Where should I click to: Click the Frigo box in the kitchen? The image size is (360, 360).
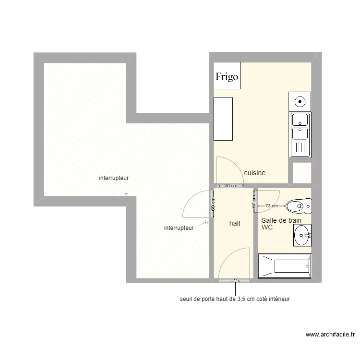tap(228, 75)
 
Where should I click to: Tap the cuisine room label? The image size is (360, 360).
tap(254, 173)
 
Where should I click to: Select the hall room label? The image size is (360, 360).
tap(235, 223)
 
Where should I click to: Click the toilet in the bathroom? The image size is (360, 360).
tap(299, 206)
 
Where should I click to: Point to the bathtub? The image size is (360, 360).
tap(285, 266)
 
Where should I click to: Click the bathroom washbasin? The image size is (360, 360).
tap(302, 235)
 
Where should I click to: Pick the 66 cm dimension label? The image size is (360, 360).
tap(231, 185)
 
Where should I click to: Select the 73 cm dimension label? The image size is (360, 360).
tap(272, 206)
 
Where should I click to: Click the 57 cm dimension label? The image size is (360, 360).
tap(254, 202)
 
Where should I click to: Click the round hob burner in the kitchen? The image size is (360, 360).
tap(300, 102)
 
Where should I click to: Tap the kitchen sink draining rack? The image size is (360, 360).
tap(300, 148)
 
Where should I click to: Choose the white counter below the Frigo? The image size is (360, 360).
tap(223, 119)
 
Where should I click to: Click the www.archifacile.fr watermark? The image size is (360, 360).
tap(330, 335)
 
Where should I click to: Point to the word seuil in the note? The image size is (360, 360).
tap(185, 299)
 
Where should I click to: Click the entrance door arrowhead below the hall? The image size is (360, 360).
tap(235, 280)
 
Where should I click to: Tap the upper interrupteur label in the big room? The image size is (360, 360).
tap(114, 178)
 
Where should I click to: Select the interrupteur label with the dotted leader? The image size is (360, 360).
tap(179, 228)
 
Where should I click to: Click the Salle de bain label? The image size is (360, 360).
tap(281, 220)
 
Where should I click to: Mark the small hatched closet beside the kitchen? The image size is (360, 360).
tap(302, 173)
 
